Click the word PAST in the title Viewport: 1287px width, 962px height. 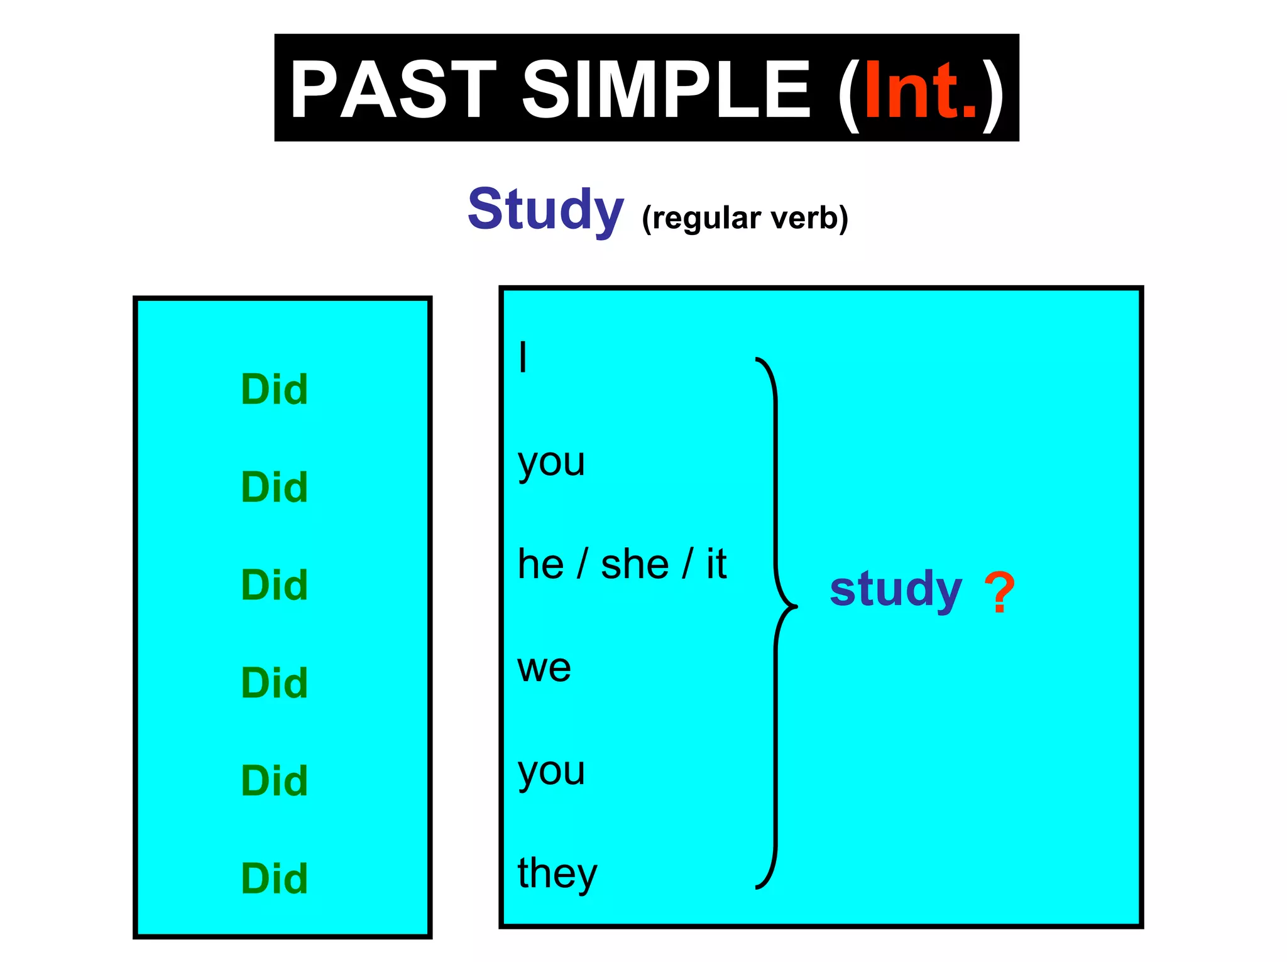click(393, 89)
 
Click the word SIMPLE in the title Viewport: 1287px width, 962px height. click(666, 89)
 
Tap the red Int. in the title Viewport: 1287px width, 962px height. click(921, 90)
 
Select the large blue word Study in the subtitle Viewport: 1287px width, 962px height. click(545, 209)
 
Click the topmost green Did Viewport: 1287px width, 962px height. click(275, 390)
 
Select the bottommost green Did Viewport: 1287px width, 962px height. click(275, 878)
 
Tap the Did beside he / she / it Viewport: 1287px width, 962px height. click(275, 585)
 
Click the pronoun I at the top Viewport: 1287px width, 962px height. click(523, 357)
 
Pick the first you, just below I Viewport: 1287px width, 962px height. click(551, 464)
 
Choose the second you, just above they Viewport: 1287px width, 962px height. click(551, 772)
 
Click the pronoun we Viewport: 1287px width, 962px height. click(544, 667)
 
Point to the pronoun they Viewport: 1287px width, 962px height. click(557, 873)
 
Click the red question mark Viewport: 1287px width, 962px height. click(999, 592)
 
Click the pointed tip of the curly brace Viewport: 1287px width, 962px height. click(796, 607)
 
